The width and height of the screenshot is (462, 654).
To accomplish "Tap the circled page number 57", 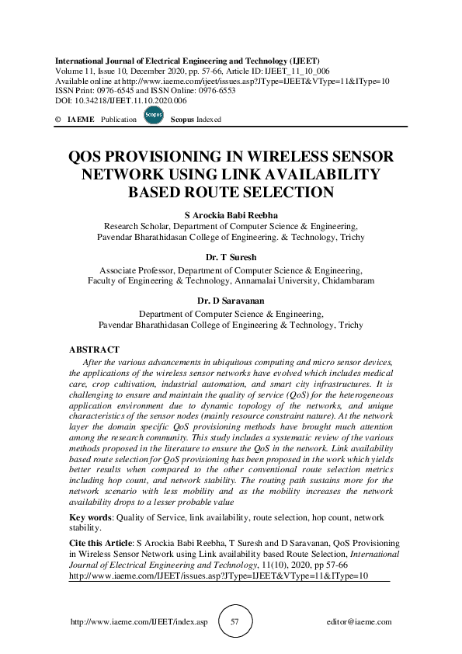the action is click(234, 622).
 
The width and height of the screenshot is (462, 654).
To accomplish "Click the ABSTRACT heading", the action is click(94, 350).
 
